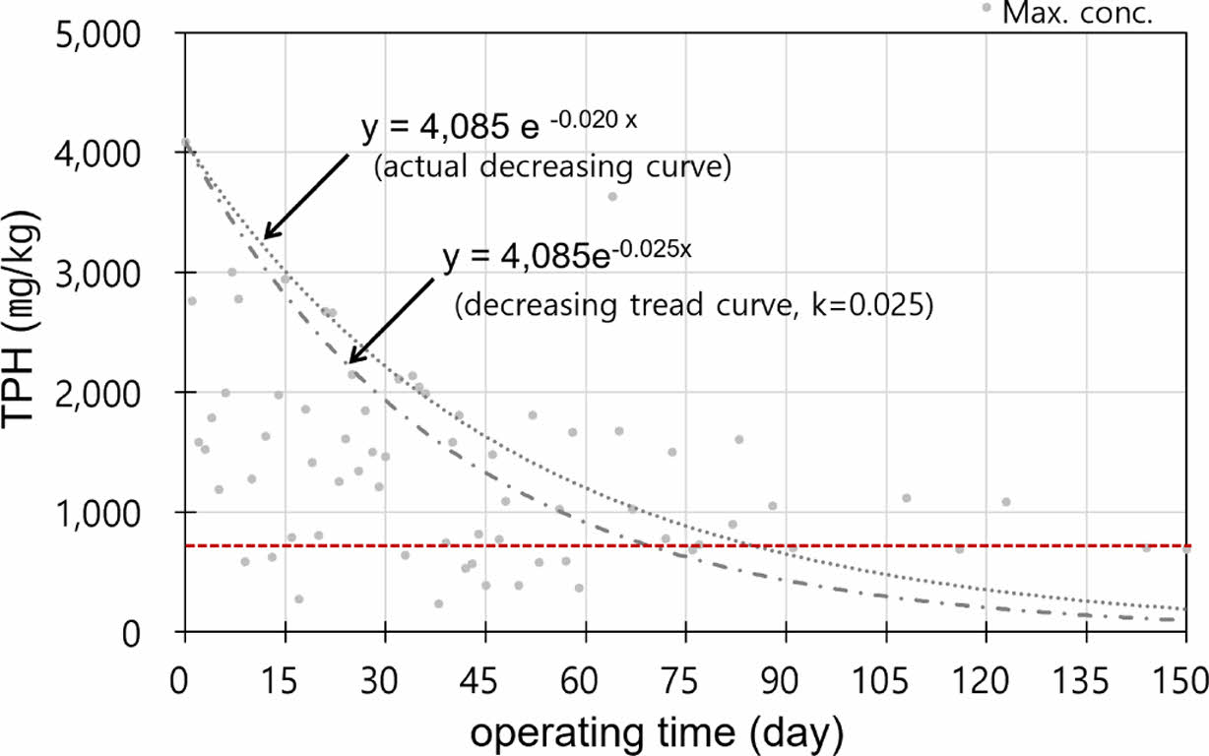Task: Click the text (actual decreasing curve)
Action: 551,168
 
